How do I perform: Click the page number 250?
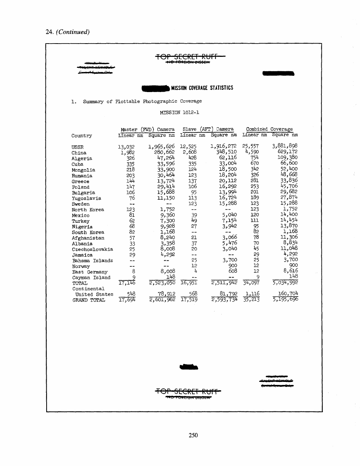pos(193,435)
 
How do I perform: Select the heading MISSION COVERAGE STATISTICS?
pos(202,88)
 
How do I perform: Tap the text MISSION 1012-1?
pos(180,113)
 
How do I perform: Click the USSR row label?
pos(77,147)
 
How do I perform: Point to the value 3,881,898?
pos(285,146)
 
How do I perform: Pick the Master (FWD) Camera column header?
pos(147,129)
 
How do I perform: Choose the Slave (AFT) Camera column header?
pos(208,129)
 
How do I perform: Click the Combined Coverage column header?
pos(269,129)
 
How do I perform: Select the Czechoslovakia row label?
pos(92,249)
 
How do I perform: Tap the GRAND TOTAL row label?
pos(88,300)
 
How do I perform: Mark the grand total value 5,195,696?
pos(285,299)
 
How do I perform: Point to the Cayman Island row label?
pos(91,278)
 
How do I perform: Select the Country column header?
pos(81,136)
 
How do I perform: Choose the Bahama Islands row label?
pos(92,261)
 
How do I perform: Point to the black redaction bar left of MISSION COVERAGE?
pos(155,88)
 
